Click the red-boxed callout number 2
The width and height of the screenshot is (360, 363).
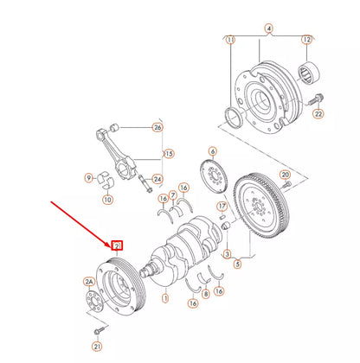[x=116, y=246]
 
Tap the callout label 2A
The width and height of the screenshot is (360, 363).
[x=88, y=281]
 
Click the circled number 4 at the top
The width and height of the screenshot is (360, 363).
[x=269, y=29]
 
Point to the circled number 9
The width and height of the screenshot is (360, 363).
[x=88, y=179]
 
